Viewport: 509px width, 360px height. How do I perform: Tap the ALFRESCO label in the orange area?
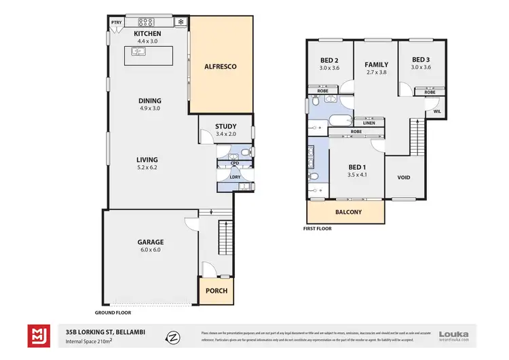pyautogui.click(x=221, y=67)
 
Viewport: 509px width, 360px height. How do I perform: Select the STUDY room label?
pyautogui.click(x=225, y=126)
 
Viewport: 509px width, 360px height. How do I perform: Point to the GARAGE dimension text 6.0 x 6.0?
pyautogui.click(x=151, y=250)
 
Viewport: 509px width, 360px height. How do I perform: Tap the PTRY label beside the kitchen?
pyautogui.click(x=117, y=22)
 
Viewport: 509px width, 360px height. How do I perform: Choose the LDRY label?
pyautogui.click(x=233, y=177)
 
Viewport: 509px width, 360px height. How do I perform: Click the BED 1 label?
pyautogui.click(x=357, y=167)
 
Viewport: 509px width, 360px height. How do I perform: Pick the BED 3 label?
pyautogui.click(x=421, y=59)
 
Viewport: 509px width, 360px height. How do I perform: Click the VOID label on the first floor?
pyautogui.click(x=404, y=177)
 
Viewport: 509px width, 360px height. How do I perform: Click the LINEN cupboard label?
pyautogui.click(x=369, y=123)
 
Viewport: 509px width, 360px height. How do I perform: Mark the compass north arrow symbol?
pyautogui.click(x=174, y=336)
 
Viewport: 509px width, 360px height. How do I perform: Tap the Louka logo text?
pyautogui.click(x=454, y=334)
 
